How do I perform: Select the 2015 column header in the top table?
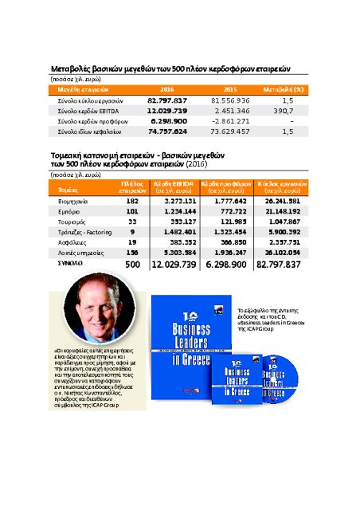(230, 89)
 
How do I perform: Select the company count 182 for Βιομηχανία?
(132, 202)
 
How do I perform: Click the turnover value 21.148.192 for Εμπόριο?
(279, 211)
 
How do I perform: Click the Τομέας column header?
(69, 190)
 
